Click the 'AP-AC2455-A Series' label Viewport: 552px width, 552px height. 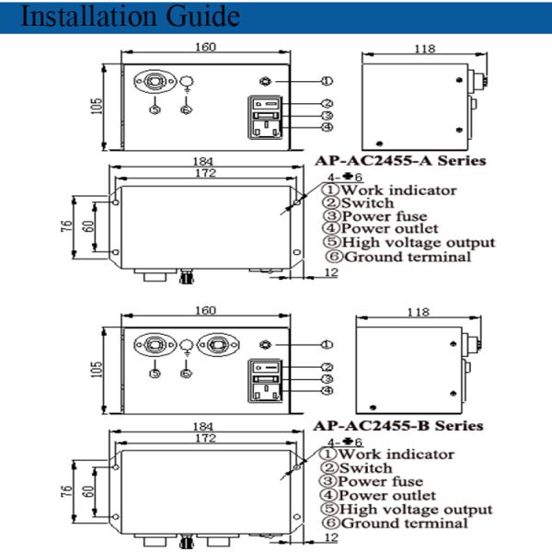[399, 160]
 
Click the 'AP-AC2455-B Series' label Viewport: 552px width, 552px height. [398, 426]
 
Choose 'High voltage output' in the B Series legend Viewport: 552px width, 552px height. [416, 509]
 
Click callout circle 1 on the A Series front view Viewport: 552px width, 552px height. [328, 82]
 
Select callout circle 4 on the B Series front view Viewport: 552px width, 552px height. [328, 390]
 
